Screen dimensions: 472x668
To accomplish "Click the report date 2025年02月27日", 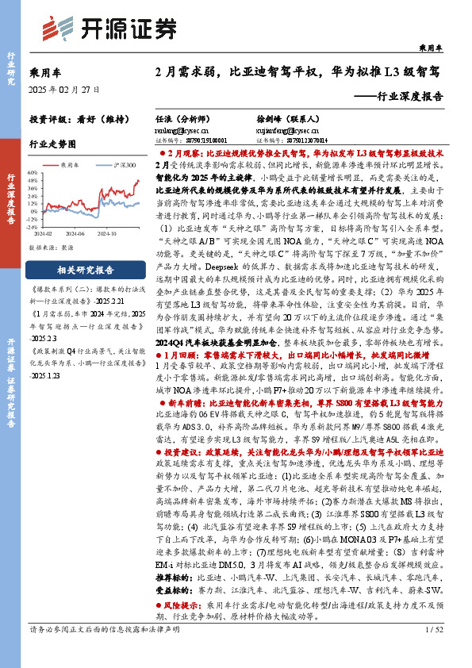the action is [x=64, y=90].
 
